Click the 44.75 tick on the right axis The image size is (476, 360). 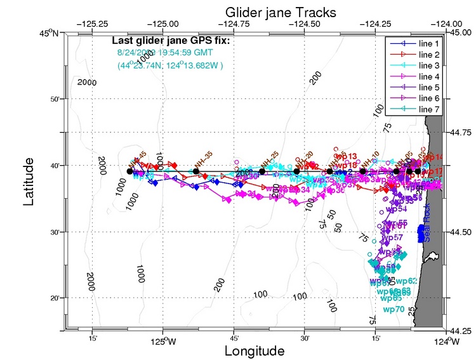(461, 133)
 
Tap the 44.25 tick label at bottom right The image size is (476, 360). (461, 332)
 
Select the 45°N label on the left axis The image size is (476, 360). (51, 33)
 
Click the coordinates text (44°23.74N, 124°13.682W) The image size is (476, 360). (173, 65)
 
